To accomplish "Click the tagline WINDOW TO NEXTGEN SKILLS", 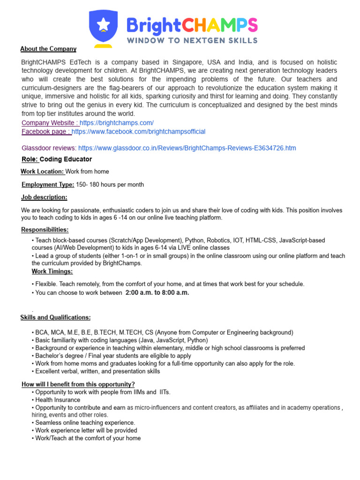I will pyautogui.click(x=192, y=40).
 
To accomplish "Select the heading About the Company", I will pyautogui.click(x=48, y=49).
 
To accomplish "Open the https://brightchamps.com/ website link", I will pyautogui.click(x=117, y=123).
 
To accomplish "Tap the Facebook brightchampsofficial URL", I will pyautogui.click(x=138, y=132).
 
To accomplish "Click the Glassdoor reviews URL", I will pyautogui.click(x=187, y=148).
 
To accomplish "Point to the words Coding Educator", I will pyautogui.click(x=66, y=159).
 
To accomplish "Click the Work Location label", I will pyautogui.click(x=43, y=172).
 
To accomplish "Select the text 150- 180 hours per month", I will pyautogui.click(x=110, y=185).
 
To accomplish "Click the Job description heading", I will pyautogui.click(x=44, y=197).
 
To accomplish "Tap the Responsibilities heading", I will pyautogui.click(x=45, y=230).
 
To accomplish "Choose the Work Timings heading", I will pyautogui.click(x=52, y=271).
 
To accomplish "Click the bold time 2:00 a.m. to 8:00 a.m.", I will pyautogui.click(x=157, y=293).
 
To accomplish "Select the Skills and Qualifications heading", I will pyautogui.click(x=56, y=318).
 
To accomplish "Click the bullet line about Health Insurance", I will pyautogui.click(x=57, y=400).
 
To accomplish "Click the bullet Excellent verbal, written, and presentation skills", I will pyautogui.click(x=97, y=371).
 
